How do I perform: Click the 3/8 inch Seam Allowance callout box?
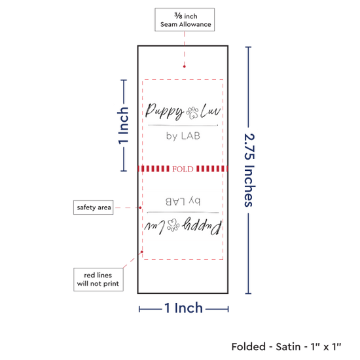click(185, 20)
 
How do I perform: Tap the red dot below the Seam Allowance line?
click(185, 67)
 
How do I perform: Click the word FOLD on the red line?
click(183, 169)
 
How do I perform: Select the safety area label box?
click(93, 207)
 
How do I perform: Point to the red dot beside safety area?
click(140, 207)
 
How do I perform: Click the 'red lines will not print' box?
click(98, 279)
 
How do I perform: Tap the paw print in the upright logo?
click(192, 113)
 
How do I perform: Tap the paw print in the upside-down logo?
click(173, 225)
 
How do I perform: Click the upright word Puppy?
click(164, 111)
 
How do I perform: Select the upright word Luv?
click(211, 111)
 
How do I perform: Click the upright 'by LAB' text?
click(183, 136)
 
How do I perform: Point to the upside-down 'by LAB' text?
click(183, 202)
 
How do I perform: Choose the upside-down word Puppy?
click(202, 226)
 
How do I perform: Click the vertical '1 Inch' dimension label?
click(123, 126)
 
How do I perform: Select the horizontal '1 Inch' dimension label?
click(184, 308)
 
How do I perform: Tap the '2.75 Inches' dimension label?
click(249, 170)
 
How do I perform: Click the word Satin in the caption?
click(288, 347)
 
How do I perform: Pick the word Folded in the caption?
click(249, 347)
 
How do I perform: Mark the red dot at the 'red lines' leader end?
click(142, 252)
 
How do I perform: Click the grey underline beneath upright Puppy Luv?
click(183, 126)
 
